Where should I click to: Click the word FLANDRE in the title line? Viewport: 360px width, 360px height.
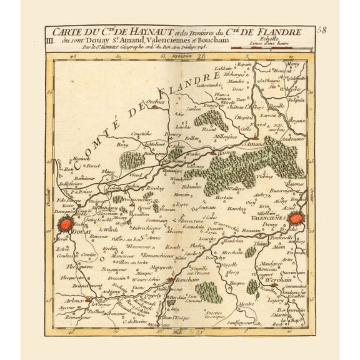point(278,32)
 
